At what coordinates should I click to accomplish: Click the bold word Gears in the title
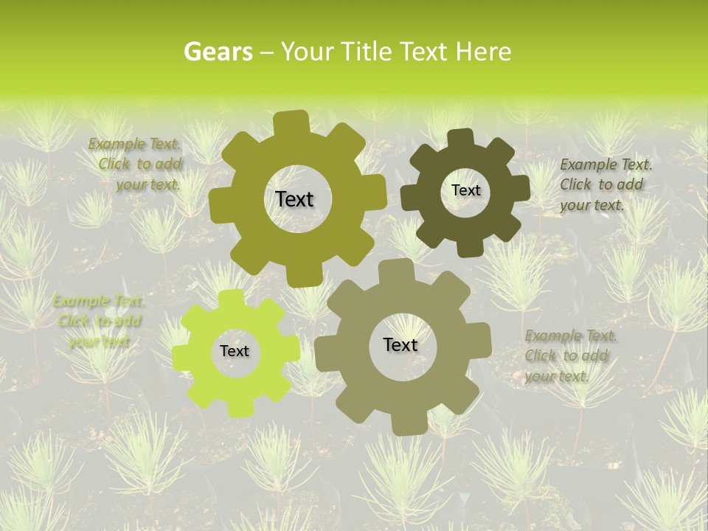[218, 52]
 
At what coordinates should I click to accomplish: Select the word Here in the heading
[484, 52]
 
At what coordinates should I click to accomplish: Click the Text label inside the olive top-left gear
[294, 199]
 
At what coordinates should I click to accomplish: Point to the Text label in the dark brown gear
[465, 190]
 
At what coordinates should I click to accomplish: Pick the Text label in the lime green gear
[235, 351]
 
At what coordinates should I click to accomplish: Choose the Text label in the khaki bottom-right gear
[400, 344]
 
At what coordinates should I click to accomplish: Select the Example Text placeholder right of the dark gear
[605, 184]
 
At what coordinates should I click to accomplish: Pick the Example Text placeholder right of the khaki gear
[570, 355]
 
